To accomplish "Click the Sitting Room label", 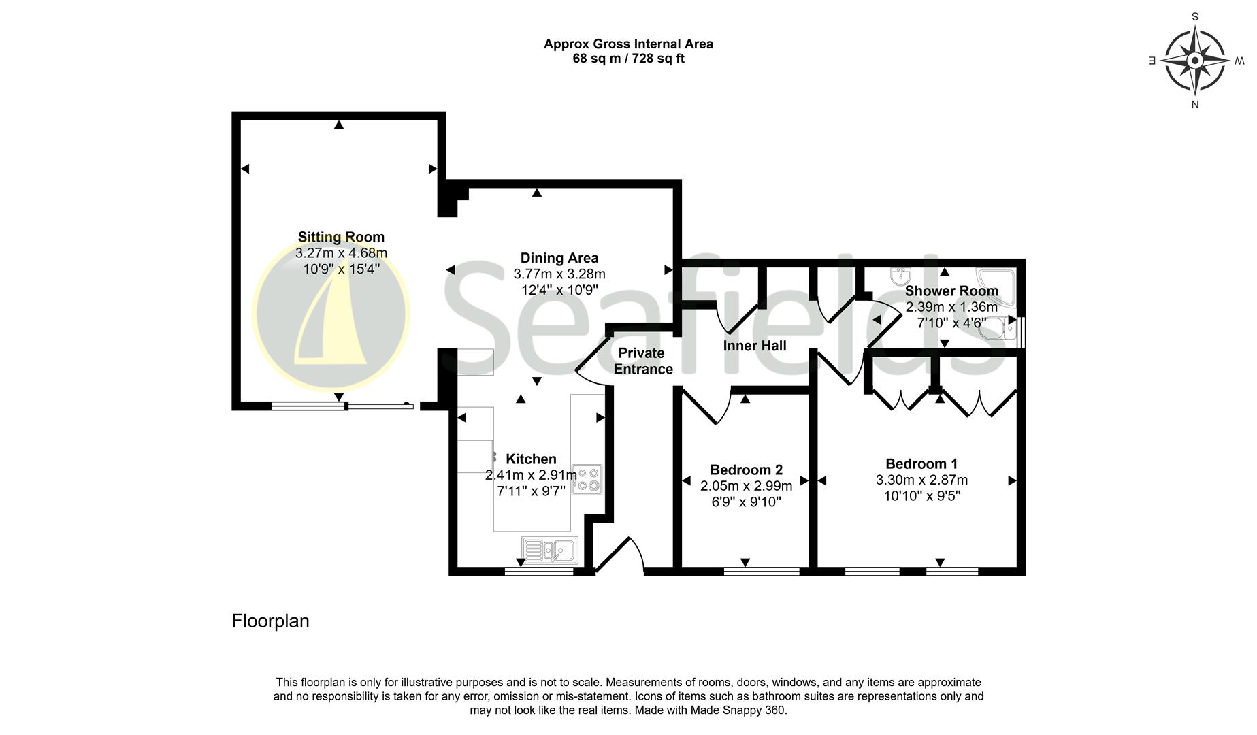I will [x=341, y=237].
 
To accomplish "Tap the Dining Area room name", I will [x=559, y=258].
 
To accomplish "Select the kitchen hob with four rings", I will [x=587, y=478].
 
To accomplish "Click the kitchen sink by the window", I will [x=550, y=550].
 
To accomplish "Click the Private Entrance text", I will [x=642, y=361].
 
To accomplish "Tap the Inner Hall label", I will [x=754, y=346].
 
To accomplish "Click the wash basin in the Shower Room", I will [x=901, y=276].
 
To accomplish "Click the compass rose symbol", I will [x=1194, y=61].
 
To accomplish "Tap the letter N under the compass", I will [x=1194, y=105].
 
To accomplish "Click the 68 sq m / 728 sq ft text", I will [x=628, y=59].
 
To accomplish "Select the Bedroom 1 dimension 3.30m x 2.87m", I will [x=921, y=480].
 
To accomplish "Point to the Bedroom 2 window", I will [x=762, y=572].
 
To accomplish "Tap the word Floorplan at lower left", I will [x=270, y=621].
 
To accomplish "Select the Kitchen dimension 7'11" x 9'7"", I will [x=531, y=491].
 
